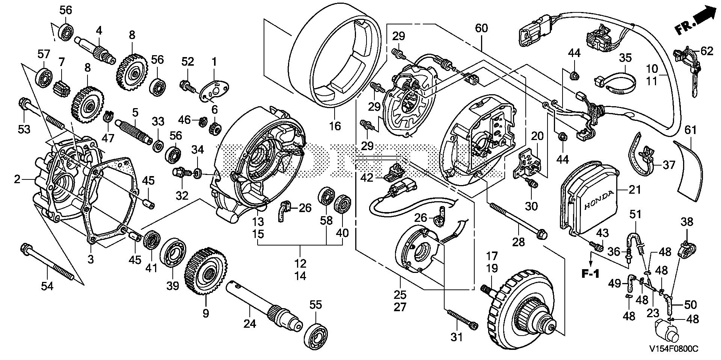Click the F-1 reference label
(x=591, y=274)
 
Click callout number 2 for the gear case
(x=17, y=179)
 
